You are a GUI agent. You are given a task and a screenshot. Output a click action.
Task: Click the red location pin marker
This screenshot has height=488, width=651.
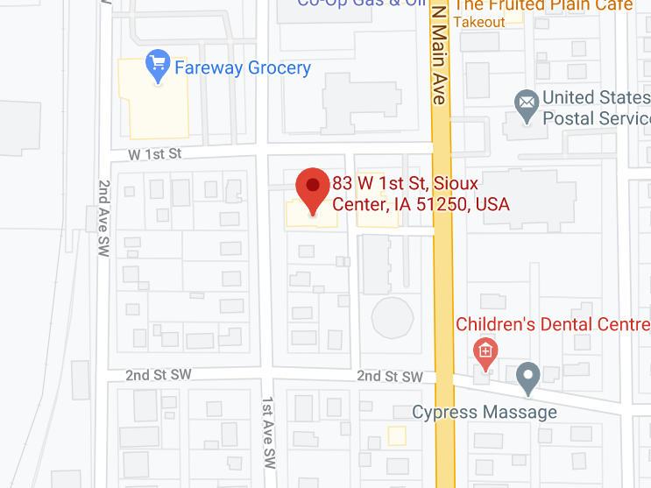click(x=312, y=190)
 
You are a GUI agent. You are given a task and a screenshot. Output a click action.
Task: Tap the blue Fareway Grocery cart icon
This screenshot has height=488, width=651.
click(x=158, y=65)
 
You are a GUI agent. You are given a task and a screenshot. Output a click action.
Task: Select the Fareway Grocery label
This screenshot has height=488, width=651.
click(x=243, y=67)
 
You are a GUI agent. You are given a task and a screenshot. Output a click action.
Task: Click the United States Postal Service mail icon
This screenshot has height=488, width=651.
click(x=527, y=107)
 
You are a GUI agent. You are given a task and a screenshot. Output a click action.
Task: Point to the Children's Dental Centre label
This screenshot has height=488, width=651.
click(x=553, y=325)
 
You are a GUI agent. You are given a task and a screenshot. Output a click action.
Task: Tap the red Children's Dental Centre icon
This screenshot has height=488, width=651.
click(x=485, y=352)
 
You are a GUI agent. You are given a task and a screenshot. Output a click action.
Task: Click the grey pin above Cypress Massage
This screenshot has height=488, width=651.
click(x=527, y=377)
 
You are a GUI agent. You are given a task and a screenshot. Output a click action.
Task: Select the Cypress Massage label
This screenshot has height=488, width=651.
click(x=485, y=412)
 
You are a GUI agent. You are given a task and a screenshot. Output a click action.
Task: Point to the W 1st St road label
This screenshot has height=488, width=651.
click(x=154, y=154)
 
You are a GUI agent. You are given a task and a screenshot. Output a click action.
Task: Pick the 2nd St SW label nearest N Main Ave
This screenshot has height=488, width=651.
click(x=390, y=376)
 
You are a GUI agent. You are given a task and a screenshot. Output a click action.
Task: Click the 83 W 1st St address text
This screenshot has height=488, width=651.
click(x=421, y=194)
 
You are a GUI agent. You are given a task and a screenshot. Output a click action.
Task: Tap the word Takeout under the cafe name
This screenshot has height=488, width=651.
click(x=480, y=22)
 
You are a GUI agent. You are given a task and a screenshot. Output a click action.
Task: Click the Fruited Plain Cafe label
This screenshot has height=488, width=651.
click(x=543, y=5)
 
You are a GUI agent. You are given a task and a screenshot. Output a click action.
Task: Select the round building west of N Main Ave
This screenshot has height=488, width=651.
click(x=392, y=316)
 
